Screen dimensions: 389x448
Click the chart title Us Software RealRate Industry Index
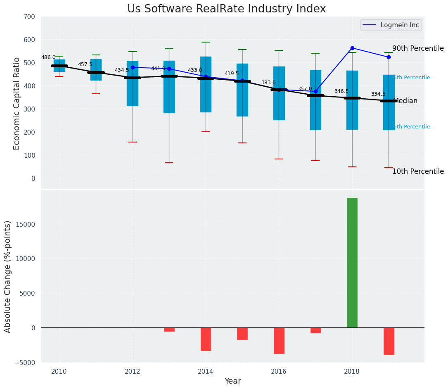226,9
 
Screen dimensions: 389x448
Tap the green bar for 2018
352,263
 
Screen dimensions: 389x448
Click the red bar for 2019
389,341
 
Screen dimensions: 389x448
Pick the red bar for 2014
206,339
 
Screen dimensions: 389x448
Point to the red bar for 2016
279,340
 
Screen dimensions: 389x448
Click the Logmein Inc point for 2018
352,48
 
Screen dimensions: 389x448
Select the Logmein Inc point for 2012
133,67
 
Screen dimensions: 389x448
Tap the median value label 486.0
48,57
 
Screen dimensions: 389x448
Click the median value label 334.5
378,94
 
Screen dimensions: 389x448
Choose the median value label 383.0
268,83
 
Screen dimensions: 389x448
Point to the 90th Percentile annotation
418,48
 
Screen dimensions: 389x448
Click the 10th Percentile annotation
418,171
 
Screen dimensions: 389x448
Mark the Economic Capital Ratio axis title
17,103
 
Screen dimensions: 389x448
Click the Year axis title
232,381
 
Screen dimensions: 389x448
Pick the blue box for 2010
59,65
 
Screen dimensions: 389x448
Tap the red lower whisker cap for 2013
169,163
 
